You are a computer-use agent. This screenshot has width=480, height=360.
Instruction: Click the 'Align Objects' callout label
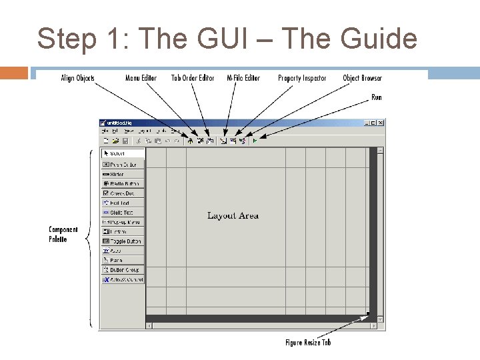(x=77, y=78)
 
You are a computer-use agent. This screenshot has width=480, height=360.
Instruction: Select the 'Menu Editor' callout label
(x=141, y=78)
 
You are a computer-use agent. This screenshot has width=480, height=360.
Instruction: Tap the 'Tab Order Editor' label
(x=193, y=78)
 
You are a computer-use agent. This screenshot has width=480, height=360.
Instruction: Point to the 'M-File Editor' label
(x=243, y=78)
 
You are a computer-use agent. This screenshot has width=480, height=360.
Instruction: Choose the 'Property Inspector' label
(x=302, y=78)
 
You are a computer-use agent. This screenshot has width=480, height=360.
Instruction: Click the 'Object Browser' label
(x=363, y=78)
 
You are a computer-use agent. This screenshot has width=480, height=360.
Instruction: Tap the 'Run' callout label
(x=377, y=97)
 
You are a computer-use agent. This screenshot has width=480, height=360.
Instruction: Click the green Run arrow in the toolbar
(x=255, y=141)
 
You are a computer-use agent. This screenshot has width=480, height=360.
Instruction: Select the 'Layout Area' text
(x=233, y=215)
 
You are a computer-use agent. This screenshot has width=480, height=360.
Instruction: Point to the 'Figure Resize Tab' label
(x=308, y=342)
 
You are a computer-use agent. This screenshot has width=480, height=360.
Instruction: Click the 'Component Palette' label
(x=63, y=234)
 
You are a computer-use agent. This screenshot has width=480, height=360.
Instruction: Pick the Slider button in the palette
(x=123, y=174)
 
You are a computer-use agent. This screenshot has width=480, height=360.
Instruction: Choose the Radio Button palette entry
(x=123, y=183)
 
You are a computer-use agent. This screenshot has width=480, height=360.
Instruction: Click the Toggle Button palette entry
(x=123, y=241)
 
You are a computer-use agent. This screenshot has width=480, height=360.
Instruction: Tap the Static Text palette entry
(x=123, y=212)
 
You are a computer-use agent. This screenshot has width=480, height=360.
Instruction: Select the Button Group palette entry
(x=123, y=270)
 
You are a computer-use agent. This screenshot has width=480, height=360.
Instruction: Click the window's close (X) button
(x=381, y=123)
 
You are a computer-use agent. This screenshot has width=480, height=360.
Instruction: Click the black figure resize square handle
(x=367, y=313)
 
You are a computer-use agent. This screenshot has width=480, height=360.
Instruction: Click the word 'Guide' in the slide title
(x=379, y=39)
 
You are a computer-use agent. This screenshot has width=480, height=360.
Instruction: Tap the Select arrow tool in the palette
(x=123, y=153)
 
